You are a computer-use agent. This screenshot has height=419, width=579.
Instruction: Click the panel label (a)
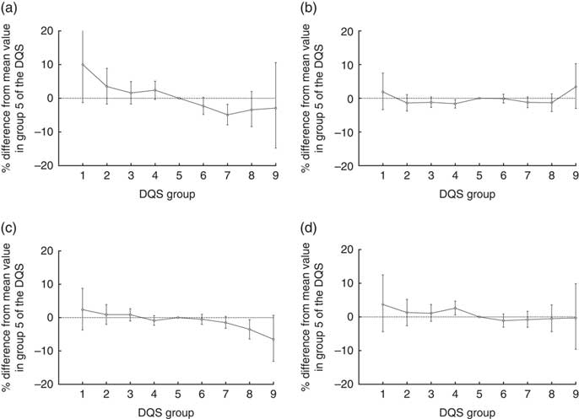11,9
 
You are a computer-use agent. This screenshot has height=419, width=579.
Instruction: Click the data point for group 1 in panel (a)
83,64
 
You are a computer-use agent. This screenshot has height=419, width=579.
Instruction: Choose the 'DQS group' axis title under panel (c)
179,412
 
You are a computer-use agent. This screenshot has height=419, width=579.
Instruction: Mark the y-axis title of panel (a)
22,97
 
